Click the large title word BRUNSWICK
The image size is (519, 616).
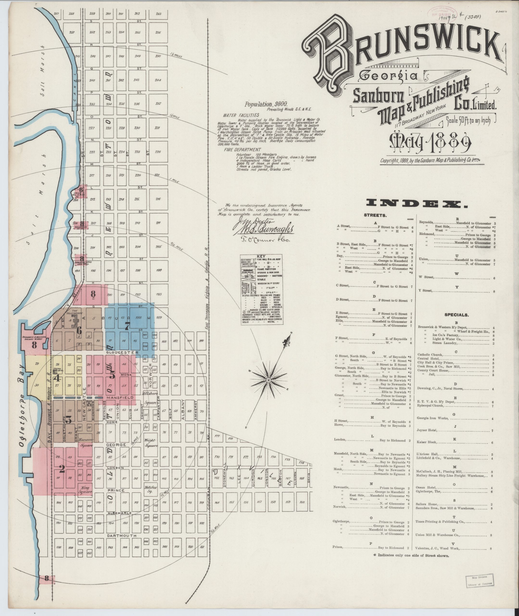[x=400, y=56]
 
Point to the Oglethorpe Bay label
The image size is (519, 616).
[x=23, y=403]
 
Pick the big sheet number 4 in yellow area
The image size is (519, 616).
[x=58, y=378]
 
